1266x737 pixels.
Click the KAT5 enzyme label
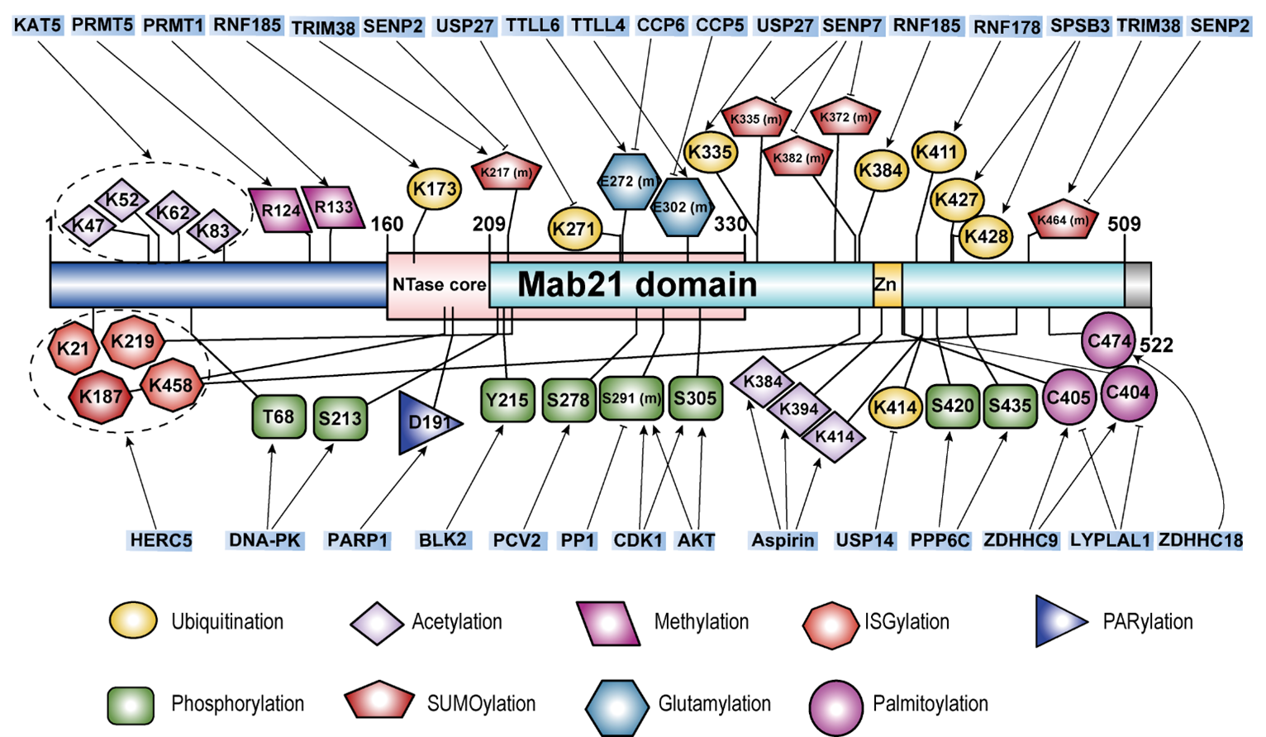coord(38,25)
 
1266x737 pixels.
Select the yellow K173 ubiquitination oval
coord(434,189)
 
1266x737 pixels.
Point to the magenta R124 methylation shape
coord(280,210)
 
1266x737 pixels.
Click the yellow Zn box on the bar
coord(887,285)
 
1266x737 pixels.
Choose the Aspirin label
coord(783,540)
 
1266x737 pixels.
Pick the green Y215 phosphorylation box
coord(507,400)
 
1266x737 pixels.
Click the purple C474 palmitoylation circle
coord(1108,340)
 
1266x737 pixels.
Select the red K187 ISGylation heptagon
coord(101,397)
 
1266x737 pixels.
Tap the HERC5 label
coord(160,541)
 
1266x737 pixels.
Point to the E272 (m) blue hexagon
coord(628,181)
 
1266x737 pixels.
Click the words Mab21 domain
coord(636,285)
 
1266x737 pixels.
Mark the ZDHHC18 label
coord(1200,540)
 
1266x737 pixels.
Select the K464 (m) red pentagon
coord(1063,220)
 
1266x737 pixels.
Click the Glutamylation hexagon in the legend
coord(616,704)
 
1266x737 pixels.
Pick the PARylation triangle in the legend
coord(1060,621)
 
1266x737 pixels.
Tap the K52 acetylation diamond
coord(121,200)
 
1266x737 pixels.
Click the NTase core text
coord(438,285)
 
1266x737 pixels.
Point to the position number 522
coord(1156,345)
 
